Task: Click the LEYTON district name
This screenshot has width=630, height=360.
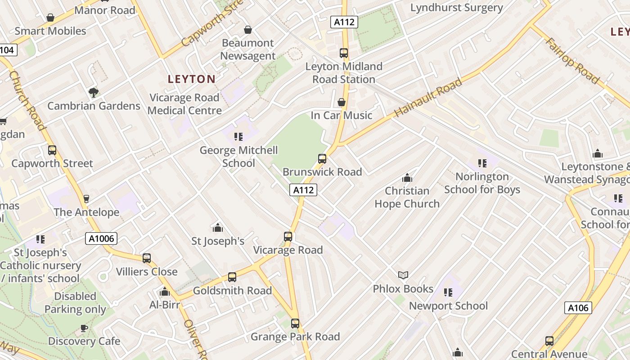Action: pos(191,79)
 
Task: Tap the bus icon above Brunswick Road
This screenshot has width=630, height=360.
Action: pos(322,158)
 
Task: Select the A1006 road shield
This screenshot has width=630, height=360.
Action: pos(101,238)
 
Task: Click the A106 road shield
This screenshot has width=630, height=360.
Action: pos(578,308)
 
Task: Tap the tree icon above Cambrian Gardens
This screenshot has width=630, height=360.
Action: pos(94,93)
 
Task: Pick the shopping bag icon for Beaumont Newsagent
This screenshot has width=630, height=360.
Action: pos(247,30)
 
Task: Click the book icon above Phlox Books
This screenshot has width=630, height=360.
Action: pos(403,275)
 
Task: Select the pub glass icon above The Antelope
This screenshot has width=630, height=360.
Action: pos(86,198)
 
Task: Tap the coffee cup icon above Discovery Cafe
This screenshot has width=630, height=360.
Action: pos(84,328)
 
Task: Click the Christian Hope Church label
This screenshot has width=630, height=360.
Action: pos(407,197)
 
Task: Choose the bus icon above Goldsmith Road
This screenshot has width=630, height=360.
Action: pos(232,277)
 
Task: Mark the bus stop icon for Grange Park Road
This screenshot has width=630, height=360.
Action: pos(295,323)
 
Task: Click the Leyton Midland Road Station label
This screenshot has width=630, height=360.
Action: pos(344,73)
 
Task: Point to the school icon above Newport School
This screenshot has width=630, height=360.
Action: pos(448,292)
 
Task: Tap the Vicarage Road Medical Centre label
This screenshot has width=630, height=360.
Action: pos(184,104)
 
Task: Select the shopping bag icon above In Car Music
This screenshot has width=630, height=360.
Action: pos(342,102)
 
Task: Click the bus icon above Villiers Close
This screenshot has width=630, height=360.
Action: pos(147,258)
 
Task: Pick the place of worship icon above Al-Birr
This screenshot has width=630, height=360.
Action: pos(165,292)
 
